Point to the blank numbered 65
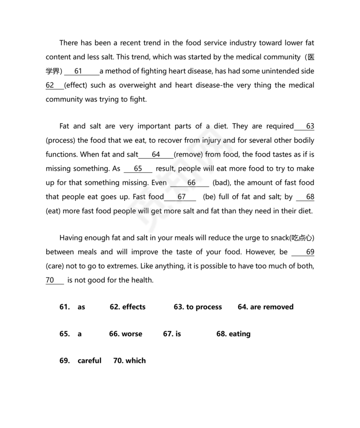pyautogui.click(x=138, y=168)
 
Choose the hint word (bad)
pyautogui.click(x=221, y=183)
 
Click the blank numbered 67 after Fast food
pyautogui.click(x=181, y=197)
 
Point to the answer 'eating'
pyautogui.click(x=239, y=334)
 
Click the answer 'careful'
pyautogui.click(x=89, y=360)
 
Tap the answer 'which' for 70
pyautogui.click(x=135, y=360)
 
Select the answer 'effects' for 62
pyautogui.click(x=134, y=307)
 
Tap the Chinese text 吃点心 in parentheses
pyautogui.click(x=302, y=238)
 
